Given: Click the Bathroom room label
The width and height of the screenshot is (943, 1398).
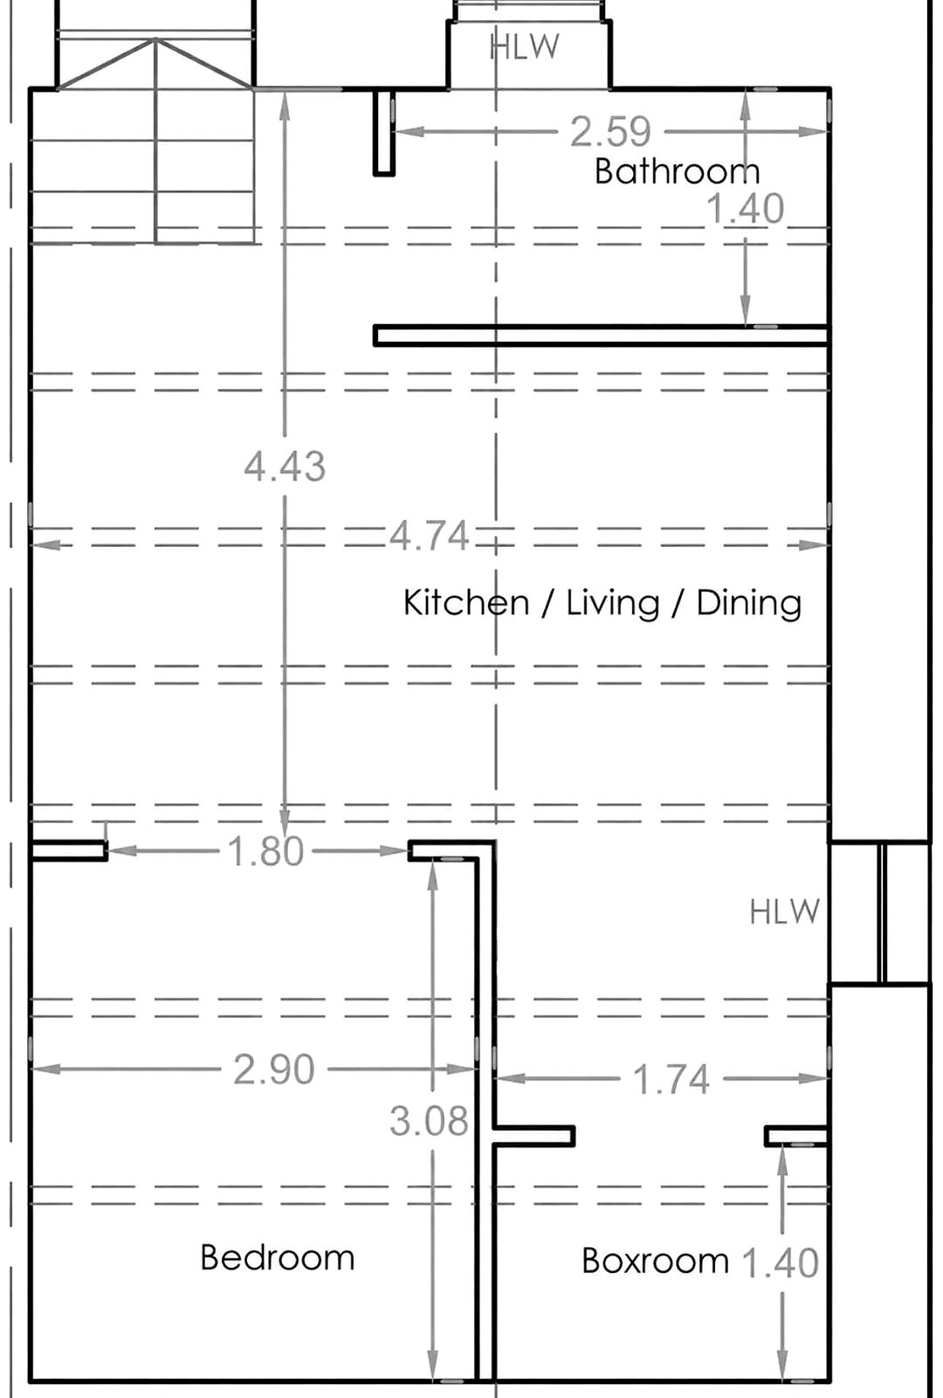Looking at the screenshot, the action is (678, 171).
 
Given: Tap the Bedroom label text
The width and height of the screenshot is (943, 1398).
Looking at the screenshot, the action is (278, 1257).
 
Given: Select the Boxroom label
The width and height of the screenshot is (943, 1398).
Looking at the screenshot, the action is (655, 1261).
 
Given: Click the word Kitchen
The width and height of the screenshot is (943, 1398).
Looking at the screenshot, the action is (466, 603).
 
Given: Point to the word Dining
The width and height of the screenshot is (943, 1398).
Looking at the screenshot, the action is (749, 604).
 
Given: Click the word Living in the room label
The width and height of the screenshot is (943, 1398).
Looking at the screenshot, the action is (612, 604).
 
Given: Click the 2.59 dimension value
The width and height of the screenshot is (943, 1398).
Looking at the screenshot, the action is (611, 132).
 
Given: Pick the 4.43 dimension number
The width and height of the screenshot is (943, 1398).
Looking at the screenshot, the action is (285, 467).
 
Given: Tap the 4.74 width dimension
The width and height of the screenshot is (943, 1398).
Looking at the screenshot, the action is (429, 536).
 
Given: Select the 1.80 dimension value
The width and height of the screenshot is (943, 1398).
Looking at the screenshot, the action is (265, 851).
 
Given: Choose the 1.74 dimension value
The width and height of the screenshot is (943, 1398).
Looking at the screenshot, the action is (671, 1079).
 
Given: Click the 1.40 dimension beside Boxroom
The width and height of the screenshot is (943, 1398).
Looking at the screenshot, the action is (781, 1262).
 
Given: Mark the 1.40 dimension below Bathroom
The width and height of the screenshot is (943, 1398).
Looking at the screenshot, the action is (746, 208).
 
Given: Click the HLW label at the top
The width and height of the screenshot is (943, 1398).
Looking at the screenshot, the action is (525, 47).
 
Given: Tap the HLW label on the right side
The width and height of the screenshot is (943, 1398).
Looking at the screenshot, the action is (785, 912).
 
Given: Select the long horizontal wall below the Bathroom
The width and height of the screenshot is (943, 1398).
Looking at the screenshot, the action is (602, 336).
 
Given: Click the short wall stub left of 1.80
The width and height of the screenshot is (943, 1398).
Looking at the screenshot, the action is (69, 851).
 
